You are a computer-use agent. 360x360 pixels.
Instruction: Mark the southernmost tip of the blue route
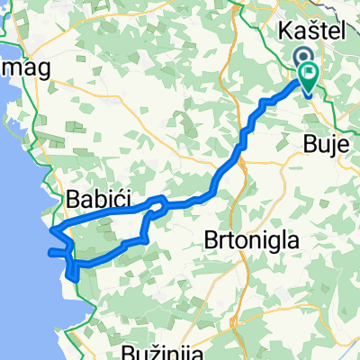pyautogui.click(x=67, y=277)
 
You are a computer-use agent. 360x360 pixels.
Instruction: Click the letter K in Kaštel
pyautogui.click(x=285, y=31)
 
